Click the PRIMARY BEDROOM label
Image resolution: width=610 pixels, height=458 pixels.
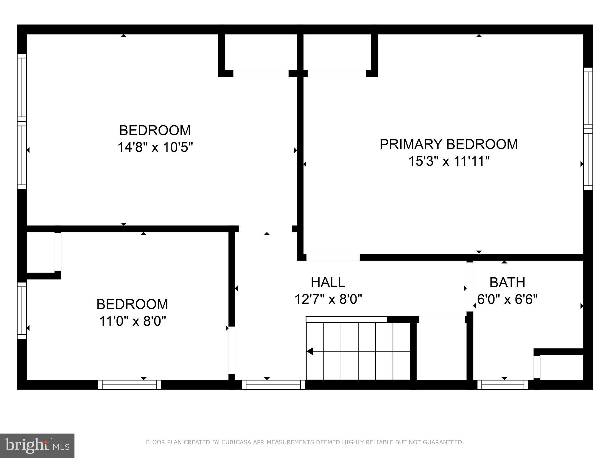pos(449,144)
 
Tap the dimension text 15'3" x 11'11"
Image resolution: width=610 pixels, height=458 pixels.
pos(449,162)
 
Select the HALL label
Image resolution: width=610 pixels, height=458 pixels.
pos(328,282)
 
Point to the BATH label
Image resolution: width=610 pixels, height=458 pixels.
pos(507,282)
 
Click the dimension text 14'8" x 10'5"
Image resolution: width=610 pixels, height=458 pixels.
pos(155,147)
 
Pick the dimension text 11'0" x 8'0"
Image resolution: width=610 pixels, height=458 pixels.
pos(132,321)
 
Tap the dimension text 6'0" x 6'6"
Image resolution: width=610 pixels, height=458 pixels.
pos(507,299)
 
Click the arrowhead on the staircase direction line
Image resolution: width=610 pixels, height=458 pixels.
pos(310,351)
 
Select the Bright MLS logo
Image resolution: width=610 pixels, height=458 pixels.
pos(37,445)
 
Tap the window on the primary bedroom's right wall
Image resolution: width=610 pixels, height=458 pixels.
pos(588,129)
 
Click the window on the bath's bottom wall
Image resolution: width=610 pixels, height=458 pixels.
pos(503,385)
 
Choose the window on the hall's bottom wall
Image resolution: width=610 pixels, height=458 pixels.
pos(273,385)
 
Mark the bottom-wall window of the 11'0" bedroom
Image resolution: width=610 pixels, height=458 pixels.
pos(130,385)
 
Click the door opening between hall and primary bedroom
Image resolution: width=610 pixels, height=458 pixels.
pos(333,257)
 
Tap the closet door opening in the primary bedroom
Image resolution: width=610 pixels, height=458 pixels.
pos(337,73)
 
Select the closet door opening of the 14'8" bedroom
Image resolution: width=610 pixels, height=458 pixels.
pos(261,73)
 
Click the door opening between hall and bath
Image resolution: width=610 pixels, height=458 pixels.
pos(470,287)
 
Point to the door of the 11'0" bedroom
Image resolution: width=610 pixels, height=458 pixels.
pos(231,350)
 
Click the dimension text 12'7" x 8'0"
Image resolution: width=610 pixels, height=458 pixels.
pos(328,299)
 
